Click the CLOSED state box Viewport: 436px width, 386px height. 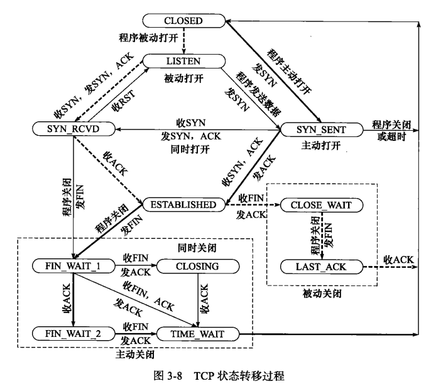pos(183,21)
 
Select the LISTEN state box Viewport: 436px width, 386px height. pos(183,62)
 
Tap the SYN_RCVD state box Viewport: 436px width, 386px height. pos(74,129)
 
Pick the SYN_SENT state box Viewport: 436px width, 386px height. pos(322,129)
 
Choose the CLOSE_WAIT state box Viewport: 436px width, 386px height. pos(322,204)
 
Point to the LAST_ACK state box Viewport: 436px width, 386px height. pos(322,267)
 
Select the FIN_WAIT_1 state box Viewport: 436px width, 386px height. pos(74,267)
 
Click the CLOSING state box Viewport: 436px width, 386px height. pos(197,267)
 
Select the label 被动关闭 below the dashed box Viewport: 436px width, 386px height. pos(320,293)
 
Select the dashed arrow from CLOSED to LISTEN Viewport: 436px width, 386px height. pos(183,41)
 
